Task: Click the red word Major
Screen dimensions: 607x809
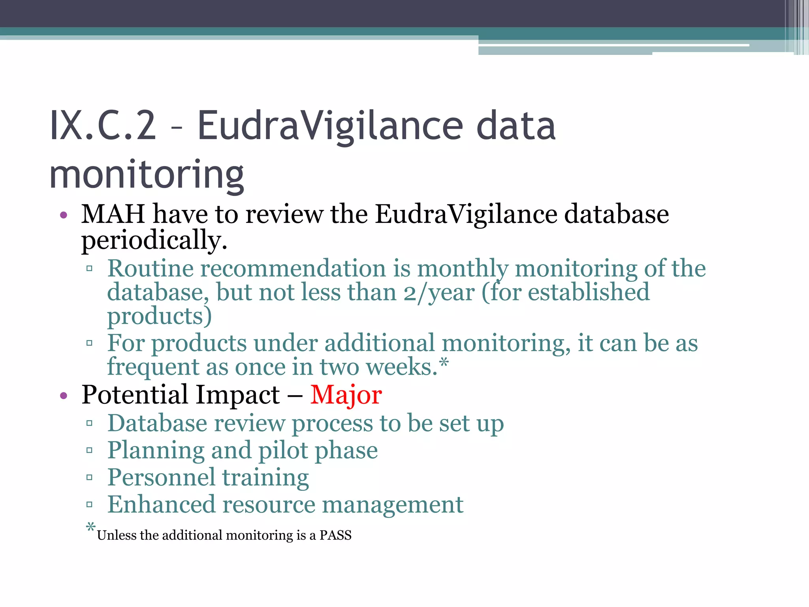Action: click(x=346, y=395)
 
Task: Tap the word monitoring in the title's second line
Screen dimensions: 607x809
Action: click(x=147, y=175)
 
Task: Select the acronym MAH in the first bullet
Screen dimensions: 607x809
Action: click(x=113, y=214)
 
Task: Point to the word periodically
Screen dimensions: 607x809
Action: click(x=154, y=240)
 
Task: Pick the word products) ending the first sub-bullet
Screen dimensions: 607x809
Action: click(x=160, y=316)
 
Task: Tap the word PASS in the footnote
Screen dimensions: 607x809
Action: click(x=335, y=535)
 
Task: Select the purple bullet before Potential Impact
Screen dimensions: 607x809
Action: click(x=64, y=396)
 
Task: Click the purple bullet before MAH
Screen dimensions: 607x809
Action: click(x=64, y=215)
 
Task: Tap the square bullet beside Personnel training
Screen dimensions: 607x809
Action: click(x=89, y=477)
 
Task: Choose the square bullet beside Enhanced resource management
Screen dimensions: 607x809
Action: click(x=89, y=504)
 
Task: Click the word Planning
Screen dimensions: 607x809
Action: click(x=156, y=451)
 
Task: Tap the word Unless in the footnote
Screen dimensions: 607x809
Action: click(x=117, y=535)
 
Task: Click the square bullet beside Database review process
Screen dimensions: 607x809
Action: click(x=89, y=424)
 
